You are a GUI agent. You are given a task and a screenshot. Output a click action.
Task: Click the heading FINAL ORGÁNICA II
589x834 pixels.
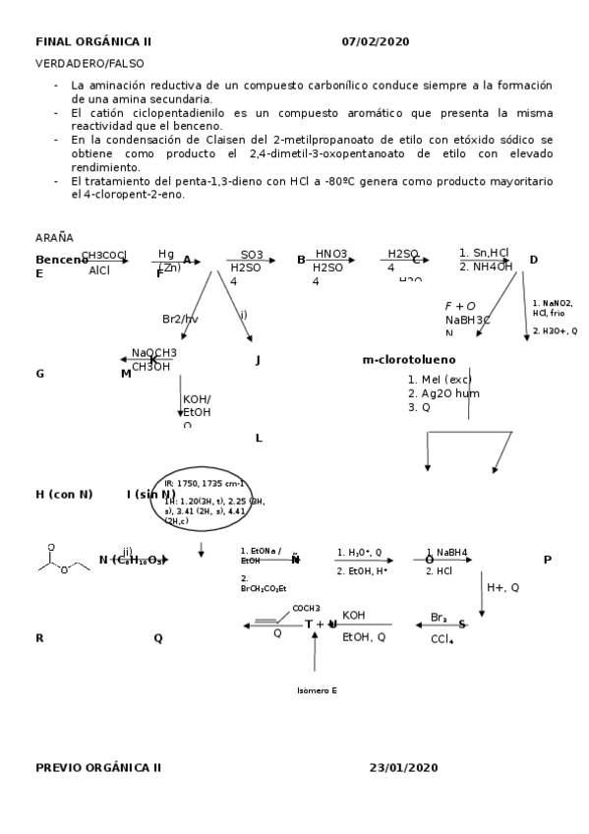[x=93, y=41]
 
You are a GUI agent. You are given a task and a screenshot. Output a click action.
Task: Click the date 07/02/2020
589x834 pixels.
[x=376, y=41]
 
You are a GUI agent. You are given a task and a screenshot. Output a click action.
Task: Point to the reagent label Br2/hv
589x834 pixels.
[x=180, y=319]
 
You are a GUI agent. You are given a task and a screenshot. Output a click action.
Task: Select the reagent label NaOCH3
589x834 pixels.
[x=154, y=353]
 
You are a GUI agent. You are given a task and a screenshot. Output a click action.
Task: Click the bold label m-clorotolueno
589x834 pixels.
[x=409, y=360]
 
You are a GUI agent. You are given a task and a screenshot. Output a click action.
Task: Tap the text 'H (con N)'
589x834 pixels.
[x=64, y=494]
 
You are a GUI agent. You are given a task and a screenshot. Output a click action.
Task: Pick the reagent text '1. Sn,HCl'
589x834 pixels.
[x=484, y=253]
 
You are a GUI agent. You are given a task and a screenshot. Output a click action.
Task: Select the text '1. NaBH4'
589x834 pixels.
[x=446, y=552]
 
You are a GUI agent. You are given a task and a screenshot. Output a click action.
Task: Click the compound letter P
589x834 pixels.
[x=547, y=560]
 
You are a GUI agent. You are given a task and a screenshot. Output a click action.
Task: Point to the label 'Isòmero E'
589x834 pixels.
[x=317, y=690]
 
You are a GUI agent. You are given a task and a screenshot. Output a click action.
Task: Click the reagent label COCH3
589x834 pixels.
[x=306, y=609]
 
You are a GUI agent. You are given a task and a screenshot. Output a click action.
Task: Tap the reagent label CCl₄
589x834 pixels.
[x=442, y=640]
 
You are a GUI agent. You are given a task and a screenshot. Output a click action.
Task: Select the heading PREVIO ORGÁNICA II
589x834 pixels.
[x=98, y=766]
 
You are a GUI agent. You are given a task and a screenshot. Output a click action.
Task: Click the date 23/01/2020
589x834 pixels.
[x=404, y=766]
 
